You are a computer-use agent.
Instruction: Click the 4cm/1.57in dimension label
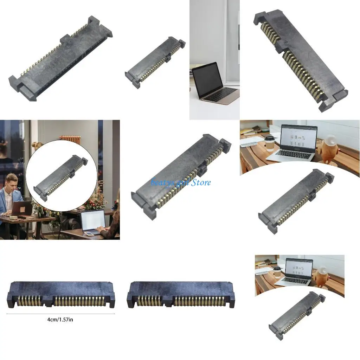click(x=60, y=320)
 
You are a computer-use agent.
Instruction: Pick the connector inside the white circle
click(x=61, y=178)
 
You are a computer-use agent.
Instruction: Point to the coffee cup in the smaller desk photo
click(x=277, y=272)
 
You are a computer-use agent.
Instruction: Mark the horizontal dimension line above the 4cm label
click(x=60, y=314)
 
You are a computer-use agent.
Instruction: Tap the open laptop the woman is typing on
click(x=92, y=222)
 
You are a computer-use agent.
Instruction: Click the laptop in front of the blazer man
click(x=22, y=208)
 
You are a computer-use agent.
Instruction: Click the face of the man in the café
click(x=12, y=181)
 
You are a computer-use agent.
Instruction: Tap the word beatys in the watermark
click(x=160, y=182)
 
